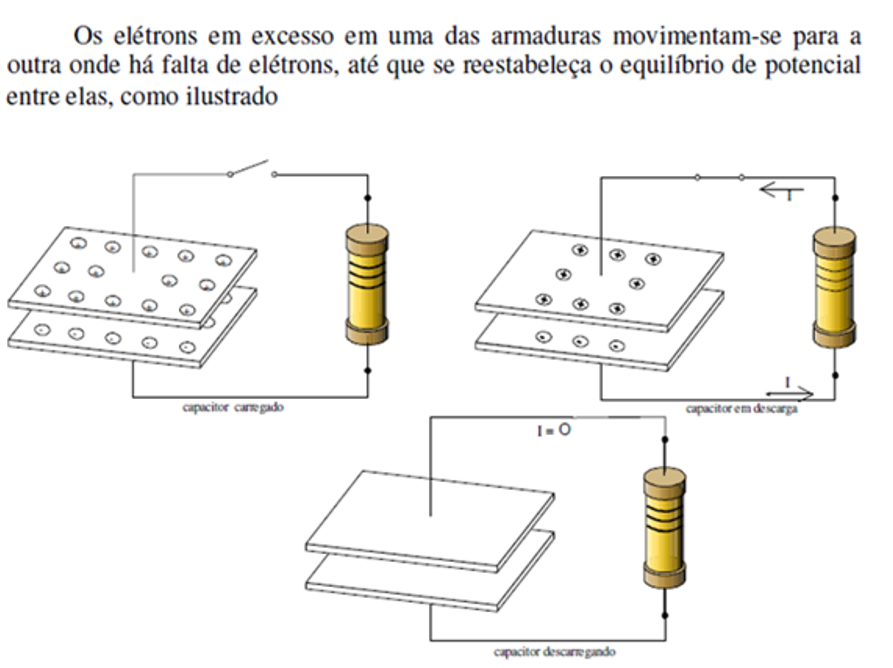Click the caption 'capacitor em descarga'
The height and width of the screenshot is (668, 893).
(741, 408)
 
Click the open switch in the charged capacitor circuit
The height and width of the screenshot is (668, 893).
(251, 168)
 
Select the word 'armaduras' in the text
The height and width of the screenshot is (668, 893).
(545, 37)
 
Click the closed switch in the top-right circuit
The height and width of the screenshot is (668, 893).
(719, 177)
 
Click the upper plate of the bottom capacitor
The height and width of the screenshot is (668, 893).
(430, 515)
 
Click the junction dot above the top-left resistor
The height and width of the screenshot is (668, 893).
(368, 197)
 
